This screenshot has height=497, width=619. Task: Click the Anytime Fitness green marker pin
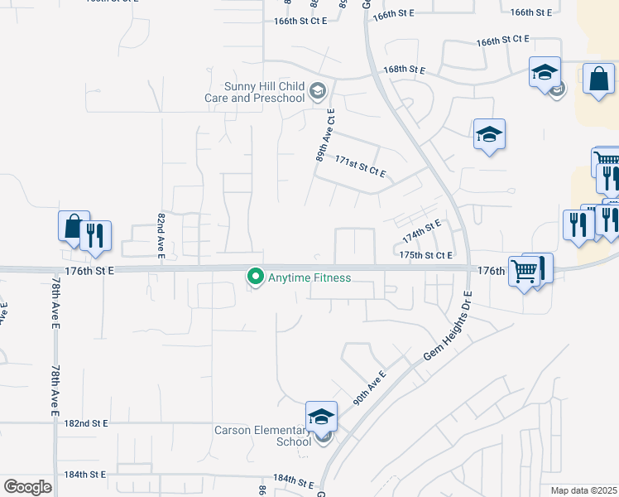click(x=256, y=277)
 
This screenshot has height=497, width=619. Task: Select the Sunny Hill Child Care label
click(x=254, y=92)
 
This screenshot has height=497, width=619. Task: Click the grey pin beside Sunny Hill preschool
click(x=318, y=91)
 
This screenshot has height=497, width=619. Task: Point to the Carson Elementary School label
click(x=262, y=436)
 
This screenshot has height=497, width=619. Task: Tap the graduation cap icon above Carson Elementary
click(x=321, y=416)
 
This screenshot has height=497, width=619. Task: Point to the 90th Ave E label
click(x=369, y=388)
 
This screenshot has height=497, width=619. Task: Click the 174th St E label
click(x=421, y=232)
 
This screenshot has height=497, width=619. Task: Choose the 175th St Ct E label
click(x=425, y=256)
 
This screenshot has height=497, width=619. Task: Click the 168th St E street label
click(x=404, y=70)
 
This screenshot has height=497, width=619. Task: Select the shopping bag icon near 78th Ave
click(x=73, y=227)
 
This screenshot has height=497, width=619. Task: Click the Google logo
click(x=27, y=487)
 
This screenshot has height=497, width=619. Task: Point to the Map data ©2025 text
click(x=583, y=490)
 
